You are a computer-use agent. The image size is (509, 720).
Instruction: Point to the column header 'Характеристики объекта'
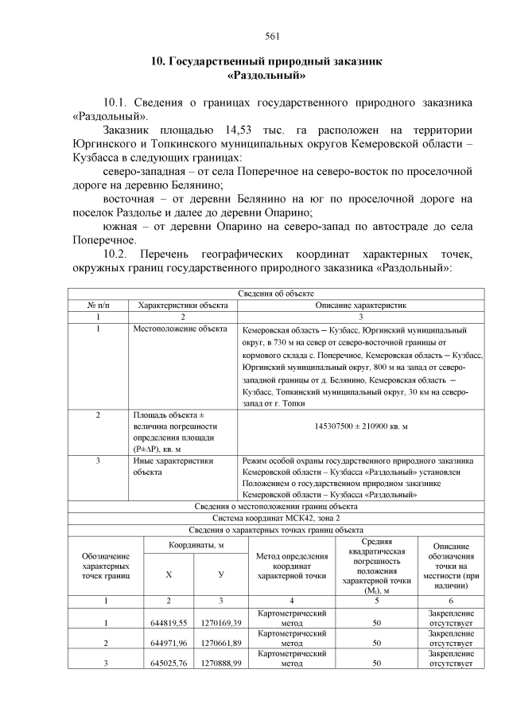(183, 305)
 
